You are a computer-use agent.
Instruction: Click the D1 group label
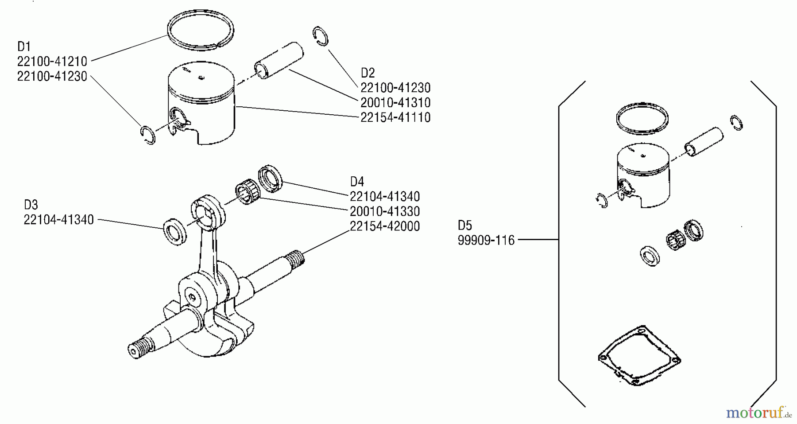23,46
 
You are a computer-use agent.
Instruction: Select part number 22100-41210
52,61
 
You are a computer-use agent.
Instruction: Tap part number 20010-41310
395,103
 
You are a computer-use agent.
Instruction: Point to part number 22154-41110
395,117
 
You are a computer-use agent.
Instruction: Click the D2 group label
368,73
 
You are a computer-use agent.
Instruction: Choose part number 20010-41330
384,211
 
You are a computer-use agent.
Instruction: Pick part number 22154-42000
384,226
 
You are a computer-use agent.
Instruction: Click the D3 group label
31,205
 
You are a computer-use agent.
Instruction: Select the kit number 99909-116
486,241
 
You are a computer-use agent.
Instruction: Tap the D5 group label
465,225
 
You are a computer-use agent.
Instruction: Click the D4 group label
357,182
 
